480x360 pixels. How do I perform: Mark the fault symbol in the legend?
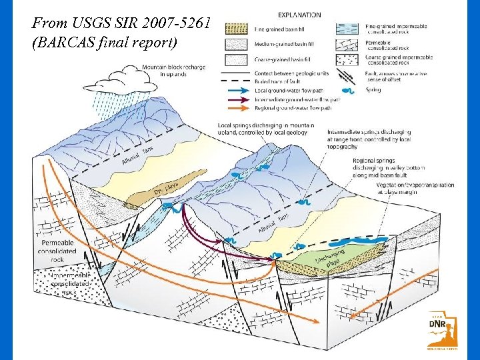(x=348, y=74)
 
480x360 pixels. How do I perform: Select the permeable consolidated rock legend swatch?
(x=348, y=45)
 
